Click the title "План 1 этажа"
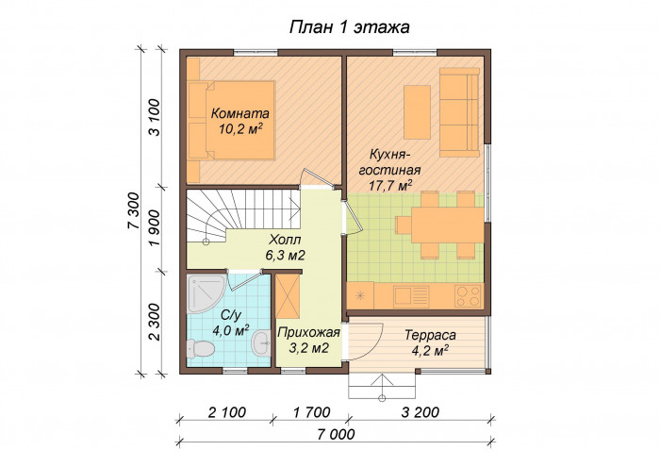349,27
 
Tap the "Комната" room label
239,113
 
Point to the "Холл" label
285,240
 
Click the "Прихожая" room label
308,333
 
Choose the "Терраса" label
430,335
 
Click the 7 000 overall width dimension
336,434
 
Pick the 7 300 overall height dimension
134,210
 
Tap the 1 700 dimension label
311,412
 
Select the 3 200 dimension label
420,412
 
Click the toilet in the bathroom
200,349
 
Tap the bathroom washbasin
261,342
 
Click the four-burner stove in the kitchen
468,295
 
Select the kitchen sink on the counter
411,296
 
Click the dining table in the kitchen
448,225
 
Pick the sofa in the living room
460,112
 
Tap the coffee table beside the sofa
417,112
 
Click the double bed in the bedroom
232,120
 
